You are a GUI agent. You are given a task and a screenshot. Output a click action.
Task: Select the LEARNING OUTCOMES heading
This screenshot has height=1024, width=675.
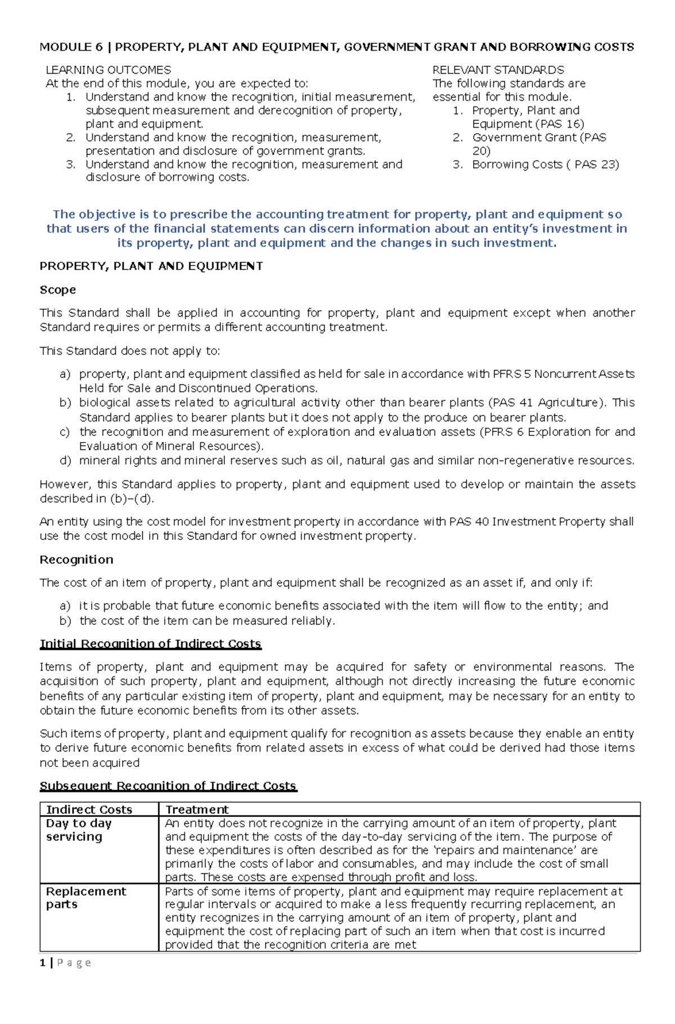tap(108, 70)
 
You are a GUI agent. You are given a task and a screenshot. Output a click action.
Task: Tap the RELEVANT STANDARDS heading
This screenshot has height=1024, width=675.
tap(498, 70)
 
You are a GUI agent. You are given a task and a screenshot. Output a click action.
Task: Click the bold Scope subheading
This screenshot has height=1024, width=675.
tap(57, 290)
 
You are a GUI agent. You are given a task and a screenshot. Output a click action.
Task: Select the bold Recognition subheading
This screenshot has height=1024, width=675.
tap(76, 560)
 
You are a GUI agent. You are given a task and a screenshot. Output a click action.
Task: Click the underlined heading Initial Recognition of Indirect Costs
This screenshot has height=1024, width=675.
tap(150, 644)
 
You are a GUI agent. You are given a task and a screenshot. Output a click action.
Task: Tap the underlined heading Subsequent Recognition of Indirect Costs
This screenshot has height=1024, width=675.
tap(168, 786)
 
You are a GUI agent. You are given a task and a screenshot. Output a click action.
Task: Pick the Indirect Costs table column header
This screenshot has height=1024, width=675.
tap(89, 810)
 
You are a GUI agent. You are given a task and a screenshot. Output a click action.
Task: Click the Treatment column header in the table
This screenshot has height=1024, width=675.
tap(197, 810)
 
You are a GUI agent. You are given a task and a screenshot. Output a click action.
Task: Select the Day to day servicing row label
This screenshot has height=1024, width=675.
tap(78, 830)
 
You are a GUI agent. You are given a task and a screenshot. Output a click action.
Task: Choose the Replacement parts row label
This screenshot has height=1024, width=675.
tap(85, 898)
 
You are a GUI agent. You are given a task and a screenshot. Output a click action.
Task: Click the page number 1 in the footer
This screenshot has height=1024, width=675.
tap(43, 963)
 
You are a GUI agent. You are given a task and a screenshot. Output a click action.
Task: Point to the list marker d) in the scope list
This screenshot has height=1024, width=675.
tap(65, 461)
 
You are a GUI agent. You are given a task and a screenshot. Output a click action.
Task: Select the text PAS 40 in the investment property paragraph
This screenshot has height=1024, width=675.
tap(469, 522)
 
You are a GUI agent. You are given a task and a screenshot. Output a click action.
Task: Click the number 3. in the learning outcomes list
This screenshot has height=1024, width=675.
tap(70, 165)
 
